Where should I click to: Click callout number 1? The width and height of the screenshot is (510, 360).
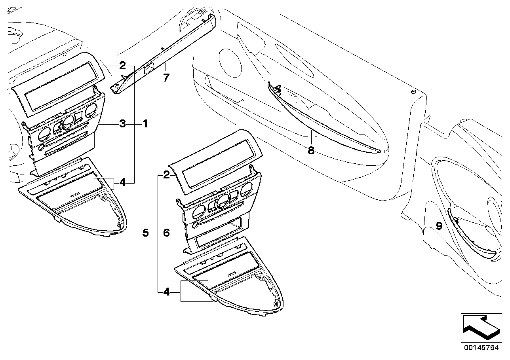(x=145, y=124)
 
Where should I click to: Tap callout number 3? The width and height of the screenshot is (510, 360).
(x=123, y=124)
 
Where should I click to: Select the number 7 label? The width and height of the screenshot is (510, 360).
(x=166, y=78)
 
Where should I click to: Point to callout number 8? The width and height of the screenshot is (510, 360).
(x=311, y=151)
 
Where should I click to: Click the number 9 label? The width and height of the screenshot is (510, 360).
(x=439, y=226)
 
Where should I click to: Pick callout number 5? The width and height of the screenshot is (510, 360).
(x=146, y=233)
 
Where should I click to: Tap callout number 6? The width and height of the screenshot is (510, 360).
(x=166, y=233)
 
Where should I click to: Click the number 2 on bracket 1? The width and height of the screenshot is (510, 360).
(x=122, y=65)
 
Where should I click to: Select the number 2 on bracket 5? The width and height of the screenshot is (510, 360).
(x=166, y=174)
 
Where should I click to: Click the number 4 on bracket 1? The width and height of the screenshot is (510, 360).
(x=122, y=183)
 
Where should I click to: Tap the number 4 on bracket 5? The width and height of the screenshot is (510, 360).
(x=166, y=292)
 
